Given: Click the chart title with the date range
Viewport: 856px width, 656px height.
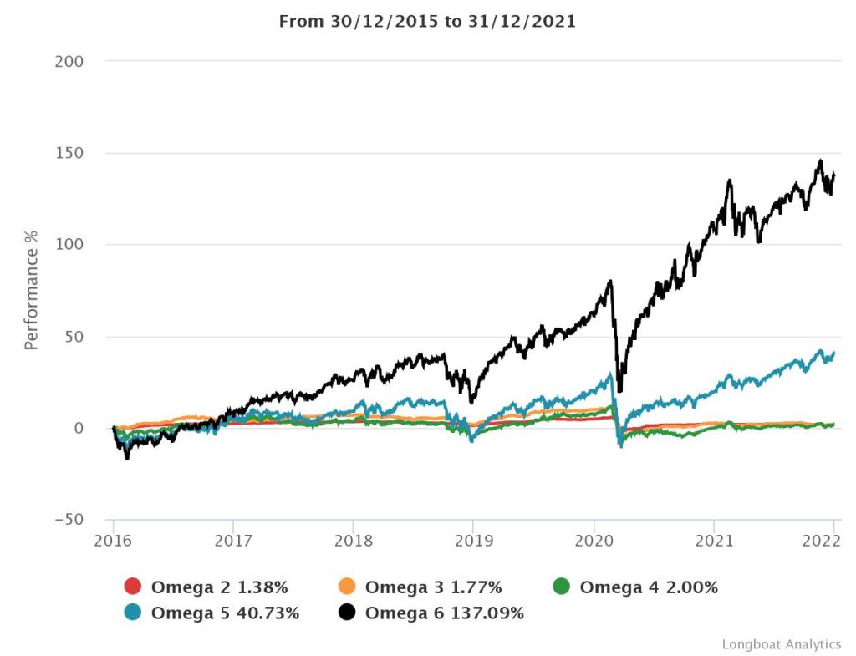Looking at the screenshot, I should (x=427, y=22).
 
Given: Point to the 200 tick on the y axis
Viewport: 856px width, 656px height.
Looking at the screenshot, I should (x=69, y=62).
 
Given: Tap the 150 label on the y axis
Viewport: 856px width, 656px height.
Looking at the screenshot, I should (x=69, y=154).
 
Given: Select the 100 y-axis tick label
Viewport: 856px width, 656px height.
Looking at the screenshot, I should (x=69, y=245).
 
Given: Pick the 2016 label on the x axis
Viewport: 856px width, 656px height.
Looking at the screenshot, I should (x=114, y=539).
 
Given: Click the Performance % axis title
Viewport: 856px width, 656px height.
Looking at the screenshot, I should (x=32, y=291).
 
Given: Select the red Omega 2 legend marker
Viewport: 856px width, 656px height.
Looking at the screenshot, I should (x=133, y=587).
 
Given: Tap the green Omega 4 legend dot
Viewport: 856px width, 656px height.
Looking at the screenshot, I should (x=562, y=587).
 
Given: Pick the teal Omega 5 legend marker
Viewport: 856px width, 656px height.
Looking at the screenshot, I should (x=133, y=613).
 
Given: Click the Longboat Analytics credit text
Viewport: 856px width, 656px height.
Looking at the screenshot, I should (x=781, y=644).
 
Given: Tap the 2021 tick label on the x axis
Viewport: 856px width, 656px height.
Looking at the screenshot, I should (x=713, y=539).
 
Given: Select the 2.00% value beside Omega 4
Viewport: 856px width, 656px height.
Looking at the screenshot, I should (x=686, y=587).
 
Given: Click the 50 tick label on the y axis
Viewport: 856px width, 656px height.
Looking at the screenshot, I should (x=74, y=337).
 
